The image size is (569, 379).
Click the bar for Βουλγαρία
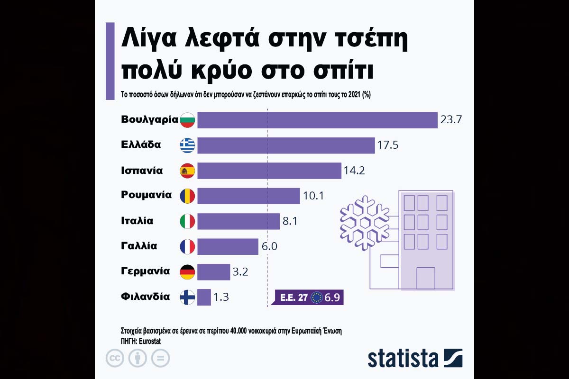click(317, 120)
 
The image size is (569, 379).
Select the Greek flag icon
click(187, 145)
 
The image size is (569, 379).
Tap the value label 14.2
click(354, 171)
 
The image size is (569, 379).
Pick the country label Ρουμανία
click(146, 195)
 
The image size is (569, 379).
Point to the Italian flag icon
click(187, 221)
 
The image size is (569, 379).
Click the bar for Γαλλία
click(228, 246)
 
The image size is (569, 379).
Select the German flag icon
click(187, 272)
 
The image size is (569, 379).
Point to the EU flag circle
click(316, 298)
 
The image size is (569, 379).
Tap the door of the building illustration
click(425, 278)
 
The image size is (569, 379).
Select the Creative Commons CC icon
click(115, 359)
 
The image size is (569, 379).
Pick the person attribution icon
click(138, 359)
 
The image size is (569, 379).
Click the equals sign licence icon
click(161, 359)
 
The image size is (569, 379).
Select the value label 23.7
click(451, 120)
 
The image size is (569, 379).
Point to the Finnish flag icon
click(187, 298)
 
